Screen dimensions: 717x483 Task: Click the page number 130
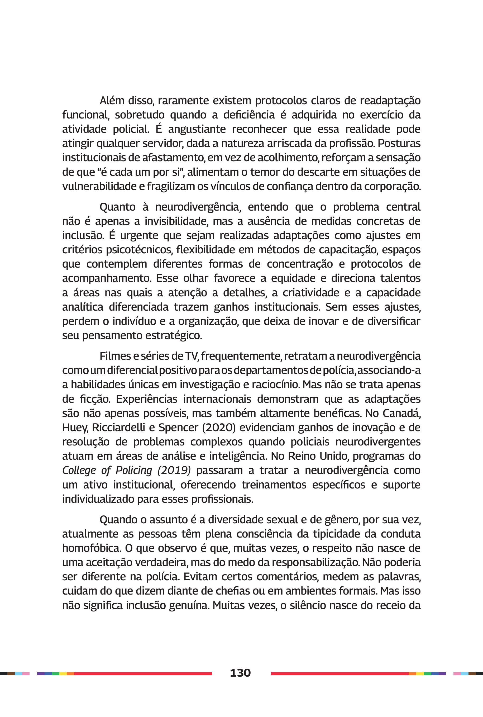click(x=240, y=673)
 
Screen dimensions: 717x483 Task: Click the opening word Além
click(x=112, y=101)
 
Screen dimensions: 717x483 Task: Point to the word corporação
click(x=392, y=186)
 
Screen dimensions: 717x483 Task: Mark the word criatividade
click(x=311, y=293)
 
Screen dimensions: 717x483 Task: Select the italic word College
click(x=79, y=471)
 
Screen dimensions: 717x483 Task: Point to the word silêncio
click(x=308, y=605)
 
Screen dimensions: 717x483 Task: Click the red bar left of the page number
click(x=143, y=673)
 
